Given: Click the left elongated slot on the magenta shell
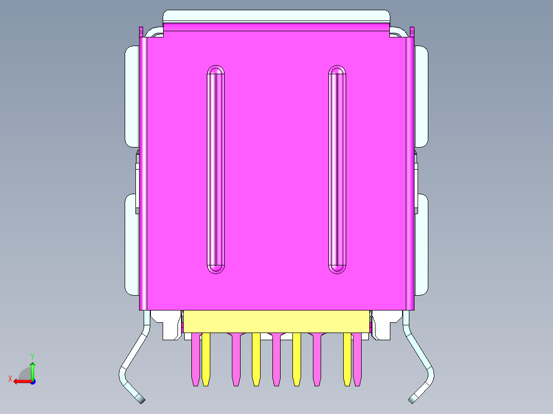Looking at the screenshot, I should (215, 169).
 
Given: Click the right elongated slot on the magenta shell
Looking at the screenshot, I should (337, 169).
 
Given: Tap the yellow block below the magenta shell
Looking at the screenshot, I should (276, 321).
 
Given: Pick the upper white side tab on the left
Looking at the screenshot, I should (132, 96).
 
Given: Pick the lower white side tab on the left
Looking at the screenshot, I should (131, 244).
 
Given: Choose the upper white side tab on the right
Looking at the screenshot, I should (421, 96).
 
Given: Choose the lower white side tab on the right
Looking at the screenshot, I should (421, 244).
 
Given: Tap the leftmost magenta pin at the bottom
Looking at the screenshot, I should (195, 359).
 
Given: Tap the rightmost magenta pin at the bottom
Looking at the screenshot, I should (357, 359).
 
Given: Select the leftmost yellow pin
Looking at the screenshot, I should (206, 359).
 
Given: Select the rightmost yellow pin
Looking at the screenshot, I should (347, 359).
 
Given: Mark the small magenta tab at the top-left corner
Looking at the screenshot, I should (141, 31).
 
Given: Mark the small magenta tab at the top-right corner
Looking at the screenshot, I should (412, 31).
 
